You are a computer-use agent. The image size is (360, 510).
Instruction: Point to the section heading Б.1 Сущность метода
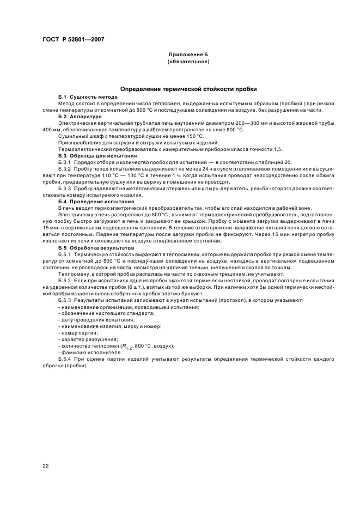(x=81, y=96)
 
